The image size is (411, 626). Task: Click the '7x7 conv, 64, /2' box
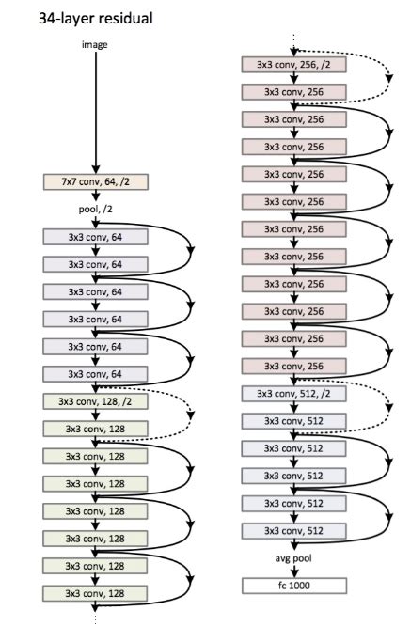[x=95, y=181]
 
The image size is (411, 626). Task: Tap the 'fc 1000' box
[x=294, y=586]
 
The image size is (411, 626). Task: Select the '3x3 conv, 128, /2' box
[x=95, y=401]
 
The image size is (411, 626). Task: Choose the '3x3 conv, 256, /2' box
[x=294, y=64]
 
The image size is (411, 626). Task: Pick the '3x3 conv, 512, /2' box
[x=294, y=394]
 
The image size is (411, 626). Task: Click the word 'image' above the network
[x=95, y=45]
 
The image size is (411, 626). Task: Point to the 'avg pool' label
[x=293, y=558]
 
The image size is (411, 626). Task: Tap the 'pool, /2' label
[x=95, y=209]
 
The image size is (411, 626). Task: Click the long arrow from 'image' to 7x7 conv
[x=95, y=113]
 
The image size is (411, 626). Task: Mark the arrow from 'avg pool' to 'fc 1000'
[x=294, y=571]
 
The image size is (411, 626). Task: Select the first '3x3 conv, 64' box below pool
[x=95, y=237]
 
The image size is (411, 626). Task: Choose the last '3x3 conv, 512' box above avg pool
[x=294, y=530]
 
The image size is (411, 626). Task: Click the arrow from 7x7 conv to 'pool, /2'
[x=95, y=196]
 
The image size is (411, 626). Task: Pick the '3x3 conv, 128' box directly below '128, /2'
[x=95, y=429]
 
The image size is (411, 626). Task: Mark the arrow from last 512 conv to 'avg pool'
[x=294, y=544]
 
